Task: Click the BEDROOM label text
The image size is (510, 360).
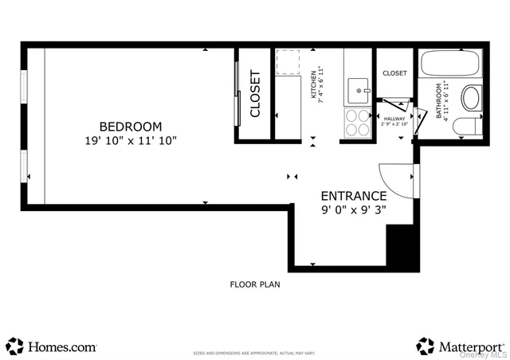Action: pyautogui.click(x=130, y=127)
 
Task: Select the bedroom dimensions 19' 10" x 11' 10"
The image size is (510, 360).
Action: pyautogui.click(x=130, y=141)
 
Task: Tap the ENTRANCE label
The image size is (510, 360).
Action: pyautogui.click(x=354, y=196)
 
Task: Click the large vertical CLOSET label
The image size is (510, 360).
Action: pyautogui.click(x=255, y=94)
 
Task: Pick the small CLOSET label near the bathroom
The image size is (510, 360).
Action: pyautogui.click(x=394, y=73)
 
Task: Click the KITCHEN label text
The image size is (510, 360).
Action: pyautogui.click(x=314, y=84)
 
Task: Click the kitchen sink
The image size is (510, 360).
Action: pyautogui.click(x=359, y=91)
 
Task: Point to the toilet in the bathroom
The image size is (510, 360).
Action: pyautogui.click(x=463, y=126)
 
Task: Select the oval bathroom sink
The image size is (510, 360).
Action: pyautogui.click(x=470, y=99)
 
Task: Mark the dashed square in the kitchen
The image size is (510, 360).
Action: pyautogui.click(x=288, y=64)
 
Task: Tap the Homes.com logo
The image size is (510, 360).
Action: pyautogui.click(x=52, y=347)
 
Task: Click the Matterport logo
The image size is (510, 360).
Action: pyautogui.click(x=460, y=346)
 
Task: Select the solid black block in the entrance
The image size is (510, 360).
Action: pyautogui.click(x=401, y=247)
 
